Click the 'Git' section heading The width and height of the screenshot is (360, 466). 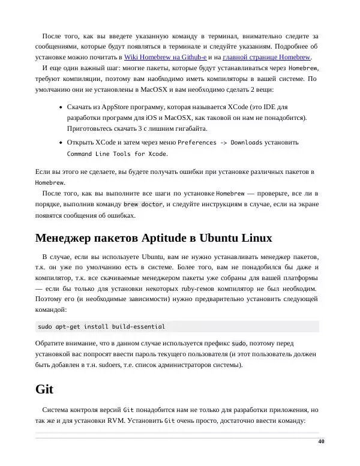pyautogui.click(x=45, y=389)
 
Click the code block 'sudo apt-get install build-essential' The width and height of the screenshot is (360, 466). pyautogui.click(x=101, y=327)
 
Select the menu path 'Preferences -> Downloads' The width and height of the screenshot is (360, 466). pyautogui.click(x=220, y=143)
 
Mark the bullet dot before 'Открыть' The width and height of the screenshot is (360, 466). pyautogui.click(x=61, y=143)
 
